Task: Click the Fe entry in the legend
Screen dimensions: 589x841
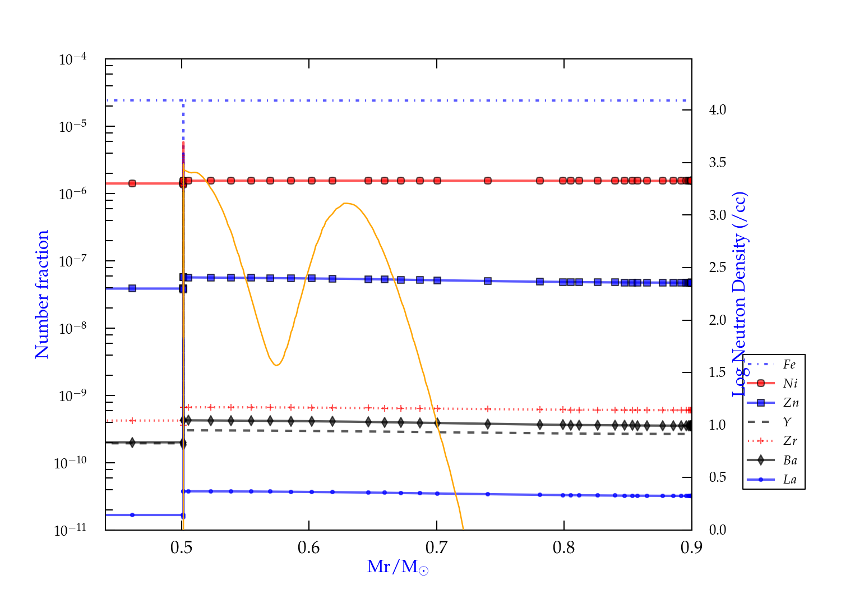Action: [789, 365]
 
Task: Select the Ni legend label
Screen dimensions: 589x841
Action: [790, 384]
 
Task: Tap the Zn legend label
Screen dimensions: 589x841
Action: [791, 403]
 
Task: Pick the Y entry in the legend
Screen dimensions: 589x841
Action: [788, 422]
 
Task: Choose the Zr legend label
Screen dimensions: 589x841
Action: [790, 441]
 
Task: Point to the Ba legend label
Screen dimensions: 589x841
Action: [790, 461]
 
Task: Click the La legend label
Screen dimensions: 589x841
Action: [789, 480]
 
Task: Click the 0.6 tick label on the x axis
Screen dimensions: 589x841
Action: [309, 548]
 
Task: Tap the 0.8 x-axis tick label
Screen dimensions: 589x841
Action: [564, 548]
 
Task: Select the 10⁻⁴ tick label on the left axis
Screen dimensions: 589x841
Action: [73, 59]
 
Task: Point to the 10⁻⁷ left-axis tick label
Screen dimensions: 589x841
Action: [73, 261]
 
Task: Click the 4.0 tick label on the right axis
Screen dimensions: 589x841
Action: [717, 110]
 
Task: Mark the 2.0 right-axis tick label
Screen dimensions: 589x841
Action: [717, 320]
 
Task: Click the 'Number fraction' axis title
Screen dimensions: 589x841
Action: [42, 294]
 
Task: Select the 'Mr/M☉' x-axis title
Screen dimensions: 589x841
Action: [398, 567]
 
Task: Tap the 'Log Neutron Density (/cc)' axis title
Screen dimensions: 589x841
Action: [740, 294]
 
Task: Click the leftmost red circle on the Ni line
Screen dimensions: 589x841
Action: [132, 183]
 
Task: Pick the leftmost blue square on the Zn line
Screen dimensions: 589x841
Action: [132, 288]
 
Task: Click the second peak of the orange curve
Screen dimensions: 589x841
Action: [346, 203]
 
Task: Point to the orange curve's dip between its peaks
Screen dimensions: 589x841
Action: [276, 365]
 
